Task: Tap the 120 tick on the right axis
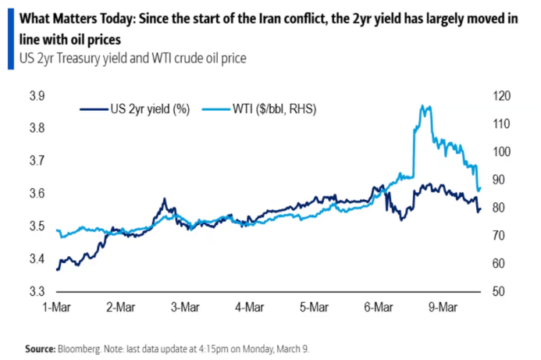[499, 96]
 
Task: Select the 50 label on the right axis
[497, 292]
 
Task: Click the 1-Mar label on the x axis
[58, 308]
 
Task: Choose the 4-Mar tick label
[247, 308]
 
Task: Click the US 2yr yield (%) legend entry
[148, 109]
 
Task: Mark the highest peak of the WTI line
[424, 105]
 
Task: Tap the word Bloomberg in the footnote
[82, 348]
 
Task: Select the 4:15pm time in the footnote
[219, 348]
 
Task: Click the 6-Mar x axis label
[373, 308]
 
